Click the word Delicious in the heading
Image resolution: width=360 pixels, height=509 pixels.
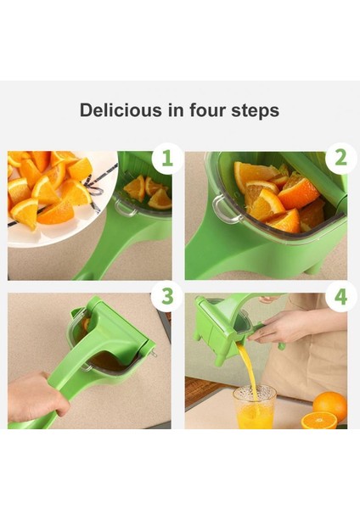pos(121,109)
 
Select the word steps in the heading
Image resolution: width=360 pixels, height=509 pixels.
pos(255,110)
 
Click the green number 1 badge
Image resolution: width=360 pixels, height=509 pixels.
pos(167,158)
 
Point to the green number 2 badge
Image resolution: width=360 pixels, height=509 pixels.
pos(340,158)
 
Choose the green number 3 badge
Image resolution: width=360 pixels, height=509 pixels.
pos(167,296)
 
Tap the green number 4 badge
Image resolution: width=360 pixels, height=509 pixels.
pos(340,297)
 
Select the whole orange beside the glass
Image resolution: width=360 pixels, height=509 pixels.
pos(330,405)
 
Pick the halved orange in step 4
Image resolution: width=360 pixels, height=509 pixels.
pos(319,420)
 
